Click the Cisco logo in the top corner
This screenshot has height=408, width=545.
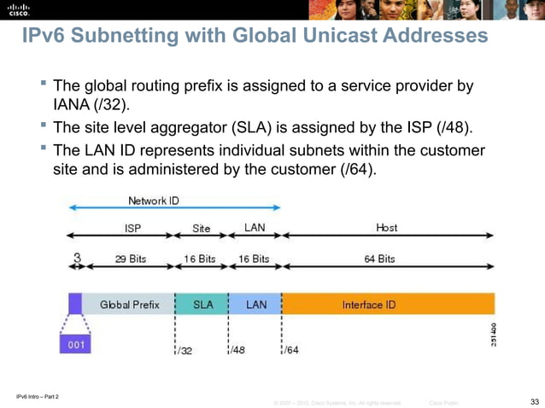(18, 10)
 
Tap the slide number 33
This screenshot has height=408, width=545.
(535, 401)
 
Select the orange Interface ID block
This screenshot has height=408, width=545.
(388, 305)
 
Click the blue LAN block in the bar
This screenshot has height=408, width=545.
(255, 305)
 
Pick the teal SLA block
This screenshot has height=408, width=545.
(202, 305)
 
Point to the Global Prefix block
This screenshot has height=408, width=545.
(129, 305)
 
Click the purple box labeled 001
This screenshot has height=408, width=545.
(77, 346)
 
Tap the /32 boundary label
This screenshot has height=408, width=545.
(185, 350)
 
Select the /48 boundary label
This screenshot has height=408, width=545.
(237, 350)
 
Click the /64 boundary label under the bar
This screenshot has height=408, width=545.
(291, 350)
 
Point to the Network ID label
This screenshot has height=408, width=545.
(154, 201)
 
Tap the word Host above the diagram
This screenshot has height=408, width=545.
(386, 228)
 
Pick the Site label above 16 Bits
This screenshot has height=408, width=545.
(202, 228)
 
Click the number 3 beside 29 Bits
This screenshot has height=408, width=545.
(77, 258)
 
